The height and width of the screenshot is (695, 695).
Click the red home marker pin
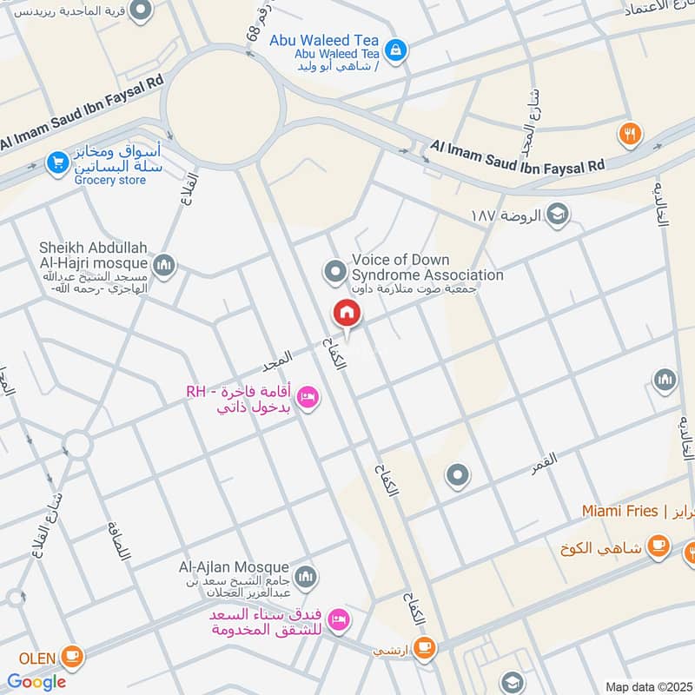tap(346, 314)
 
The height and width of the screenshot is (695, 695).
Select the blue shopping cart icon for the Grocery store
tap(57, 162)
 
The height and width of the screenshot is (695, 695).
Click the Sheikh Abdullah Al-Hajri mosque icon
tap(163, 263)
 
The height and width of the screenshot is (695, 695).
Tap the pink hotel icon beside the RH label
tap(307, 399)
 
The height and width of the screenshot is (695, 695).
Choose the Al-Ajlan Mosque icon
tap(305, 576)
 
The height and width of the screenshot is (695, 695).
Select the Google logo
tap(36, 682)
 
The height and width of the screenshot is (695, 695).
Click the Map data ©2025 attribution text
tap(647, 686)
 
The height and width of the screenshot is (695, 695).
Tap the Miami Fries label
tap(620, 511)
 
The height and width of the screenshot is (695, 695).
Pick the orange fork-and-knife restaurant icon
tap(630, 133)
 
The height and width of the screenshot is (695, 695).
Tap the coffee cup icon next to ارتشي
tap(423, 646)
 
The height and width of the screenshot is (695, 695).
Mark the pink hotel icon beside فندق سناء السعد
tap(340, 619)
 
